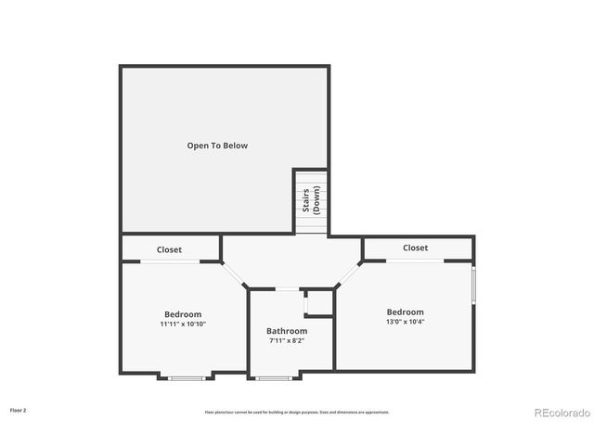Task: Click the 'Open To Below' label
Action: [217, 146]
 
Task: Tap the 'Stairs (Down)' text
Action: [310, 200]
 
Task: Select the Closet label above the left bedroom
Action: [169, 249]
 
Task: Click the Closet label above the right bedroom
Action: [415, 248]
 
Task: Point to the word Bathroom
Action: [287, 331]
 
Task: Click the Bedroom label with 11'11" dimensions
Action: [183, 314]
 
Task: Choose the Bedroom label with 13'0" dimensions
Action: [405, 312]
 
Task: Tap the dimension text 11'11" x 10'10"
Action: [183, 324]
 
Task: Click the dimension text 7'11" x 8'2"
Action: [287, 341]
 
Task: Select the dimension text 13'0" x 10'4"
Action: [405, 323]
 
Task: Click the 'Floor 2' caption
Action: [19, 409]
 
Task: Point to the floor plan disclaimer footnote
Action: [297, 412]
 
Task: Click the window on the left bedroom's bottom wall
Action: [187, 376]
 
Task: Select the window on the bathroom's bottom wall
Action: [273, 376]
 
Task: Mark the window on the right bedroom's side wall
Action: [473, 285]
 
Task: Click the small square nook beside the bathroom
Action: [319, 303]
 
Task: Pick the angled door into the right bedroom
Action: [348, 275]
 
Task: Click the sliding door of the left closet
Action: [169, 261]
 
